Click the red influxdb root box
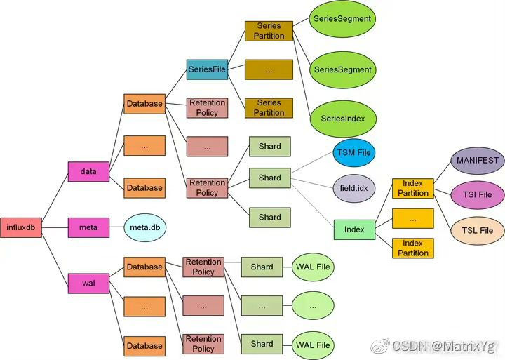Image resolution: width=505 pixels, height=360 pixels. coord(21,227)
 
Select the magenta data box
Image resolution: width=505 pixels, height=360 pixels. coord(88,171)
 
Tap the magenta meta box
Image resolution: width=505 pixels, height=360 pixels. coord(88,227)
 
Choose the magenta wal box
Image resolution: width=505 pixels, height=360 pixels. coord(88,284)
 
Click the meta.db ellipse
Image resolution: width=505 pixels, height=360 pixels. coord(144,227)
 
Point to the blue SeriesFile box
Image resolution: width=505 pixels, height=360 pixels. coord(207,69)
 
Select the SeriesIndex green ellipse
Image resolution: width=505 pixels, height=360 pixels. coord(343,119)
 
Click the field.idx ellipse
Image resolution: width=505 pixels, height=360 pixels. coord(354,188)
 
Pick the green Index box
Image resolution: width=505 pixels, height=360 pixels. coord(354,229)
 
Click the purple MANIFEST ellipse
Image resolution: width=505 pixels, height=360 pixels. coord(477,160)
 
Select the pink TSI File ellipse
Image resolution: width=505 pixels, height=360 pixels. coord(477,194)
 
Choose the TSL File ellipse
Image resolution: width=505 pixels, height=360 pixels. coord(477,230)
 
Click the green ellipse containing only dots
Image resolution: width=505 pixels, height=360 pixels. coord(313,306)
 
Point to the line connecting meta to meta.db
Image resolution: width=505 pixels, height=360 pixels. coord(116,227)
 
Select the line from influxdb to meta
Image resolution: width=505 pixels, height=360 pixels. coord(55,227)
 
